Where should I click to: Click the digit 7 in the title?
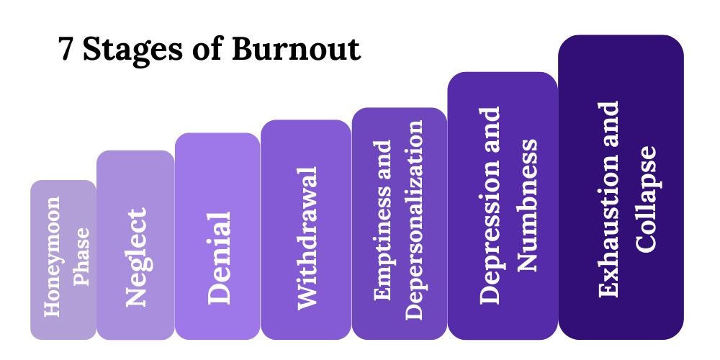(x=66, y=49)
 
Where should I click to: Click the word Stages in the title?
(x=132, y=50)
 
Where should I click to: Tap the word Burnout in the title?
(x=296, y=48)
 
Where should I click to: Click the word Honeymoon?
(x=52, y=256)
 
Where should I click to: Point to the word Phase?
(x=82, y=257)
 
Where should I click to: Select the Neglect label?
(x=136, y=258)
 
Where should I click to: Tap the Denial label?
(x=219, y=258)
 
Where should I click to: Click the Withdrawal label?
(x=307, y=238)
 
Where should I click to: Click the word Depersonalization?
(x=414, y=220)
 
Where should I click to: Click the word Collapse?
(x=645, y=199)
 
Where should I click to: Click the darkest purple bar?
(x=621, y=187)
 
